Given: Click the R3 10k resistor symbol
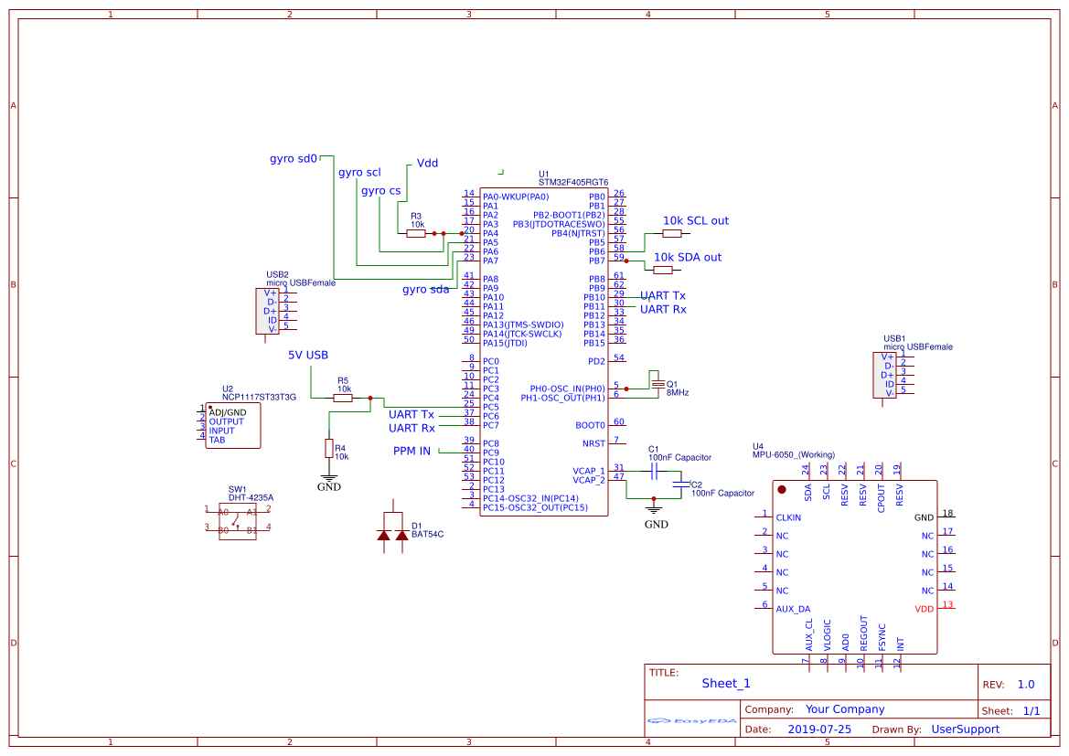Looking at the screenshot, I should (x=416, y=233).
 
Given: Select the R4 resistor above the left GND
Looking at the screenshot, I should (x=329, y=448).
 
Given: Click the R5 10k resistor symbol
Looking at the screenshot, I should (x=343, y=398).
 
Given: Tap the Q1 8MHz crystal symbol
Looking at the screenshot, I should (x=657, y=383).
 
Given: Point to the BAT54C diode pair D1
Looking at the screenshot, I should (x=393, y=532).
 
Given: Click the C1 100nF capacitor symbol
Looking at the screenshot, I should (x=653, y=471).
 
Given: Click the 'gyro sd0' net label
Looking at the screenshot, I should (x=294, y=158).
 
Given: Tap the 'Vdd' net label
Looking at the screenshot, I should (x=427, y=163).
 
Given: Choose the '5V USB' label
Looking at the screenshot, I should (x=308, y=355).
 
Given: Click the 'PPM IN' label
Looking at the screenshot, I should (x=412, y=451).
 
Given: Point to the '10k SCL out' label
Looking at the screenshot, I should (x=696, y=220).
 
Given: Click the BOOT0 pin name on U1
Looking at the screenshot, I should (x=590, y=425).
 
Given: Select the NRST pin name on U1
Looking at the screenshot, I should (x=593, y=443).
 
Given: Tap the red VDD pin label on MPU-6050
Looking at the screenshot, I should (x=924, y=609).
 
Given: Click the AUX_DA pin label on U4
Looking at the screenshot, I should (x=793, y=609).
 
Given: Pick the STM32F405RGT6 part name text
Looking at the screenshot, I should (x=573, y=183).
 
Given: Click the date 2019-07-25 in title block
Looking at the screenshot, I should (x=819, y=729).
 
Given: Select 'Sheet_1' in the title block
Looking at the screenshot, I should (x=726, y=683).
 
